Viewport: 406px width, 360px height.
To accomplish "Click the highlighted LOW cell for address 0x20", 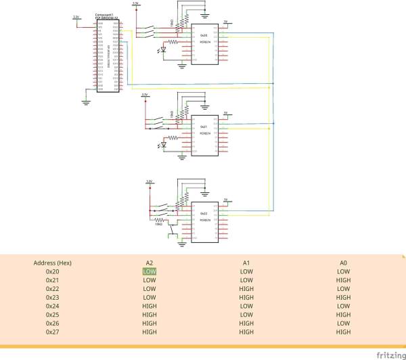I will click(150, 271).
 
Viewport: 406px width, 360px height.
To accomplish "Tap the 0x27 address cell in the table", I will click(53, 332).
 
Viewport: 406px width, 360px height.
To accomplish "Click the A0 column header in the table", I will click(344, 262).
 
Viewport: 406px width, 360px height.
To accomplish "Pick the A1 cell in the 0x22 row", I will click(246, 288).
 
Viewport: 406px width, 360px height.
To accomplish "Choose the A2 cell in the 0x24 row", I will click(150, 306).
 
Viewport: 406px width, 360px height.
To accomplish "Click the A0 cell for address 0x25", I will click(344, 315).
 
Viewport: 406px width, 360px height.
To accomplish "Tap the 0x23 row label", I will click(53, 297).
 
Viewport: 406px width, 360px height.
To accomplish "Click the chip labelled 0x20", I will click(204, 45).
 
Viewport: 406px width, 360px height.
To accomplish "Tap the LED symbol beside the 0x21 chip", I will click(163, 145).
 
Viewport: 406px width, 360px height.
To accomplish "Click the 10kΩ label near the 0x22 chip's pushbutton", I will click(160, 224).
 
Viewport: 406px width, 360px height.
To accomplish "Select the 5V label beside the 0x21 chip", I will click(226, 114).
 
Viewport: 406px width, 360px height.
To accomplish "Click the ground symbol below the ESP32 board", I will click(86, 102).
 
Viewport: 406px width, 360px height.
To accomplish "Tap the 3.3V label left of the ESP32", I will click(76, 17).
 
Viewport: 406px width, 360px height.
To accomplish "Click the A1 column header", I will click(246, 262).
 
